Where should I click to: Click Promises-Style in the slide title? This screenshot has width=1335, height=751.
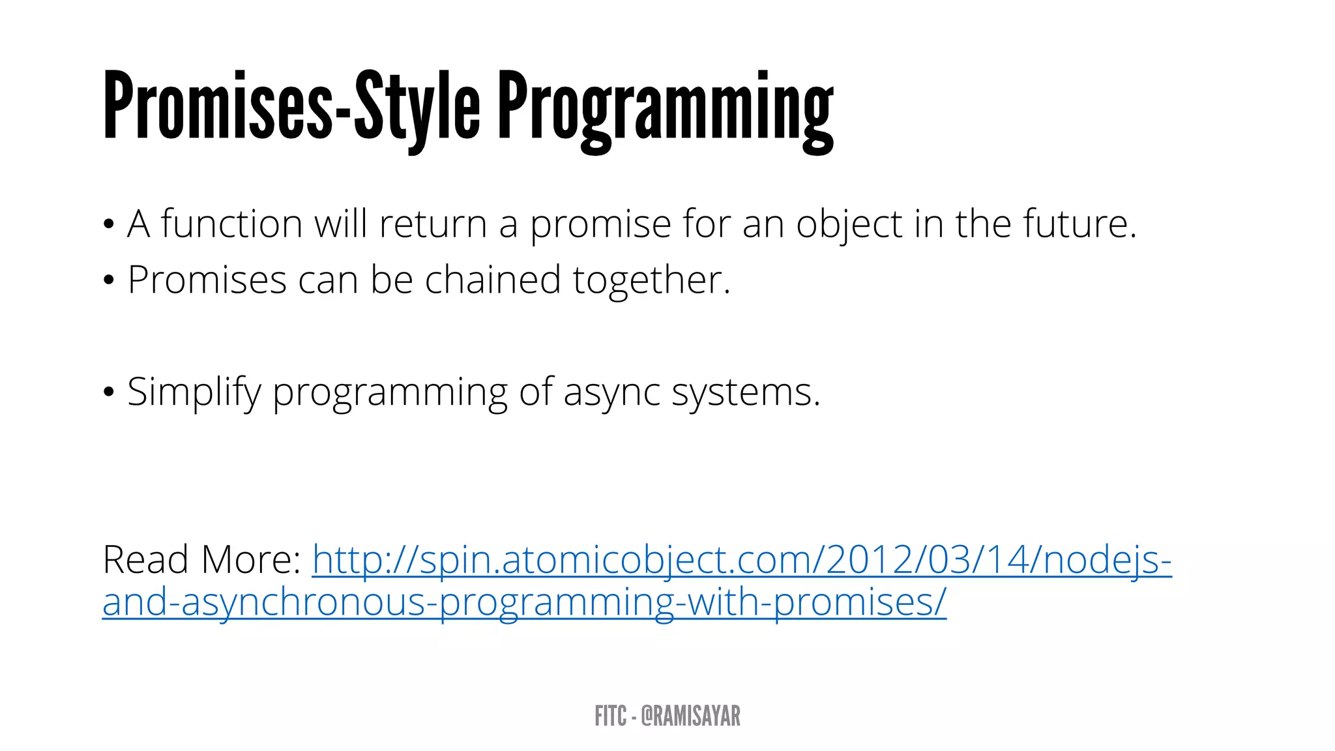(291, 106)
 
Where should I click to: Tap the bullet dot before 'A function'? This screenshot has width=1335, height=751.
(109, 225)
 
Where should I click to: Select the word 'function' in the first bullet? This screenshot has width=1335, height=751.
(231, 224)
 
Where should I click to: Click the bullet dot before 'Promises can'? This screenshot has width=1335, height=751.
(109, 281)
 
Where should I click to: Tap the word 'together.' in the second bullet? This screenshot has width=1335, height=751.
(652, 281)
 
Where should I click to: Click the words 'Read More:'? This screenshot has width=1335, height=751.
(201, 559)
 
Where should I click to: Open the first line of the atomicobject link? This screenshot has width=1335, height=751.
(742, 560)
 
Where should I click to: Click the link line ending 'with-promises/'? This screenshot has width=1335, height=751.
(524, 602)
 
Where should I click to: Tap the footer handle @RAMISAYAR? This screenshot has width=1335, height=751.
(690, 716)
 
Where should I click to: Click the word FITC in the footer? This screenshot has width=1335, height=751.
(610, 716)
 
